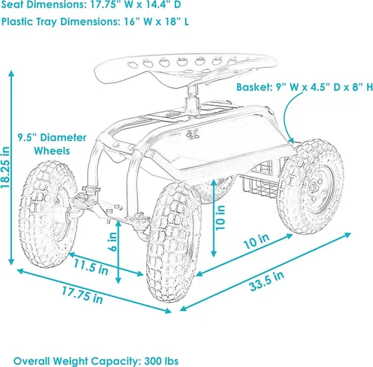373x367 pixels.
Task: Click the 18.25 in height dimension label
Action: tap(5, 167)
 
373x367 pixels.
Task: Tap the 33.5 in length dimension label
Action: tap(266, 281)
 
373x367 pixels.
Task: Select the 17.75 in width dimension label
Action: tap(82, 295)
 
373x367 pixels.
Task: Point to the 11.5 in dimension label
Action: tap(91, 267)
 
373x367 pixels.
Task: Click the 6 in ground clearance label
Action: tap(113, 242)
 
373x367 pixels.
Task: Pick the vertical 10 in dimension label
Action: tap(221, 218)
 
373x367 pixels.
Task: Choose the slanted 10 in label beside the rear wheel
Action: tap(257, 241)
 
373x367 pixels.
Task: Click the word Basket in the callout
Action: tap(254, 87)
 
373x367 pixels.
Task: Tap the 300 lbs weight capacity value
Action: tap(161, 361)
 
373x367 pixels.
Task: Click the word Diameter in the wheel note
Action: tap(63, 137)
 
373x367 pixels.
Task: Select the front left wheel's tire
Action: tap(47, 214)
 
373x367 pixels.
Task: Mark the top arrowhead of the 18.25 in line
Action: tap(11, 73)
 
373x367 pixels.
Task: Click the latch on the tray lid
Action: tap(192, 134)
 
